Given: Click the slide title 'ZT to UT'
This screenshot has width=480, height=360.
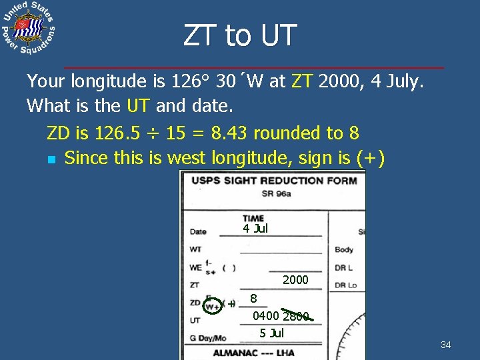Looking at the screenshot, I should click(239, 35).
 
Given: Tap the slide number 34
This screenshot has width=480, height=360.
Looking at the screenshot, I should click(446, 345).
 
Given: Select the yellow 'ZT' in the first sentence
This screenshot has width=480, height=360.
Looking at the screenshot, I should click(303, 81).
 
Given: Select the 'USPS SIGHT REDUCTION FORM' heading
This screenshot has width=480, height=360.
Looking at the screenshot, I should click(273, 181).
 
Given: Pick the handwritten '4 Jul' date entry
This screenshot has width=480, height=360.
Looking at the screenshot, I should click(255, 229).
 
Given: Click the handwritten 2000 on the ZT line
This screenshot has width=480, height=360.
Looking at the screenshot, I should click(295, 280).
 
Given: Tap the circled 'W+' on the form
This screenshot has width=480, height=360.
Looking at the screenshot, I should click(213, 305).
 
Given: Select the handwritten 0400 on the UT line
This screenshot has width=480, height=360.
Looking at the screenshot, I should click(267, 316).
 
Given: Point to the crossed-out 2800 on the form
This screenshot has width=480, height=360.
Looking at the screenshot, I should click(296, 316).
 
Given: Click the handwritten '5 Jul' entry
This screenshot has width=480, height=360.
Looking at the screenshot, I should click(272, 333).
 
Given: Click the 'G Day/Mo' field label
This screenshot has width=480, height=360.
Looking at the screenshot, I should click(208, 338).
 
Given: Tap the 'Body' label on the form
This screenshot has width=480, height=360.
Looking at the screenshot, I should click(344, 249).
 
